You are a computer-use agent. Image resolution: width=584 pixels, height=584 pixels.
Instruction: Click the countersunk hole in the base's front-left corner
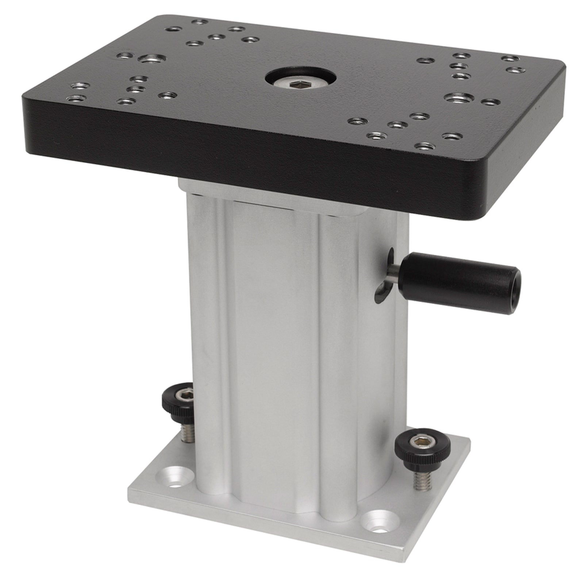pyautogui.click(x=174, y=482)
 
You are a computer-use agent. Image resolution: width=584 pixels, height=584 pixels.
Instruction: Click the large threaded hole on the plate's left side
pyautogui.click(x=150, y=59)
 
